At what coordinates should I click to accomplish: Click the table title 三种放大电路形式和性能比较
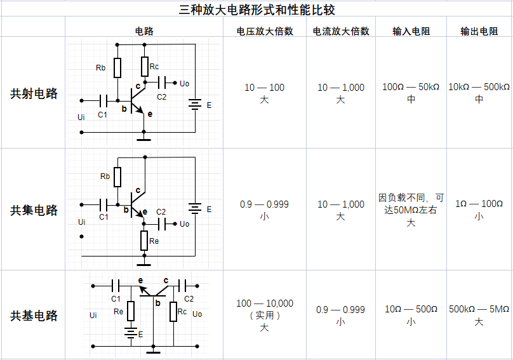[x=257, y=10]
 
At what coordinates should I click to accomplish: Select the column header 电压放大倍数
[x=265, y=31]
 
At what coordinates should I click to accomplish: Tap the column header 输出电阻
[x=479, y=31]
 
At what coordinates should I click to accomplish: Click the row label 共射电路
[x=34, y=93]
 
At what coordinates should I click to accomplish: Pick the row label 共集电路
[x=34, y=210]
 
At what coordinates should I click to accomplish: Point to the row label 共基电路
[x=34, y=316]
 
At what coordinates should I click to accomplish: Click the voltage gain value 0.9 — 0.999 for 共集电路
[x=264, y=204]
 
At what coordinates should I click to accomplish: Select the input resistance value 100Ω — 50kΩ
[x=411, y=87]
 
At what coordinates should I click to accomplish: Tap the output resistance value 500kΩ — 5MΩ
[x=479, y=309]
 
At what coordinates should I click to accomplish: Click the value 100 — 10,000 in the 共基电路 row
[x=265, y=303]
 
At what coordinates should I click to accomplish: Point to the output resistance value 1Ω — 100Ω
[x=479, y=204]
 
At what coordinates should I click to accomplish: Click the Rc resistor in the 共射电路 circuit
[x=145, y=67]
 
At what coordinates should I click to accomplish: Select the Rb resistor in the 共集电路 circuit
[x=117, y=177]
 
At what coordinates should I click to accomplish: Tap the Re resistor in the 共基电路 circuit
[x=131, y=311]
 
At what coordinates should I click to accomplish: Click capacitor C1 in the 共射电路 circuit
[x=103, y=101]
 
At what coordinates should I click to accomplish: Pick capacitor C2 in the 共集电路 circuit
[x=162, y=224]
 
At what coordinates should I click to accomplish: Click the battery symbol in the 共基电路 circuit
[x=131, y=333]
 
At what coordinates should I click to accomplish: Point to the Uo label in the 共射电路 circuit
[x=185, y=83]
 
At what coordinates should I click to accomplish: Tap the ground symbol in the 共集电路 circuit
[x=144, y=264]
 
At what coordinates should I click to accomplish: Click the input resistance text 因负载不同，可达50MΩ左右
[x=411, y=204]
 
